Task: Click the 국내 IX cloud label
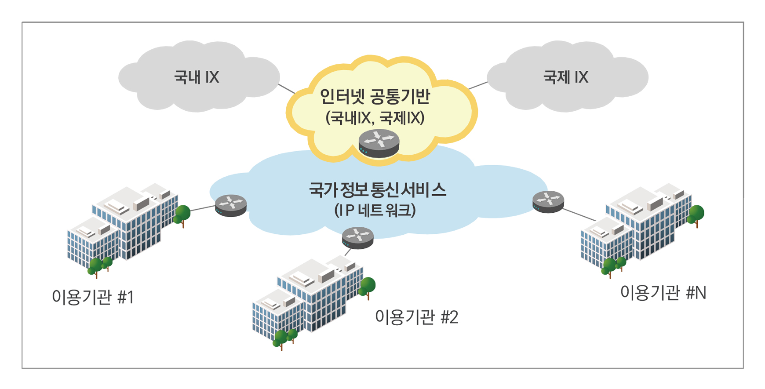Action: (x=197, y=77)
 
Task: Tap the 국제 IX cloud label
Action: (x=565, y=77)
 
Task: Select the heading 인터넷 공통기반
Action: (x=375, y=96)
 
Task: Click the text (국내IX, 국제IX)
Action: (x=375, y=118)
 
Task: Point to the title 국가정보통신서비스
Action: (x=377, y=190)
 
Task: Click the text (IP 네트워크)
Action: (x=375, y=211)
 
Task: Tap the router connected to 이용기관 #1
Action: (x=231, y=205)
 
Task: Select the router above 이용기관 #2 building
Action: (x=358, y=238)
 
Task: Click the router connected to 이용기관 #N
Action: (x=548, y=202)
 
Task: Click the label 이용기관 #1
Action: (x=93, y=298)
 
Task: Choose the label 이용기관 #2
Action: (x=416, y=317)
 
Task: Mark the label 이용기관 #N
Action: (x=663, y=293)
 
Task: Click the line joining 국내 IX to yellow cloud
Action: (x=287, y=89)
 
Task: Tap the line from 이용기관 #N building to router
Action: (x=579, y=214)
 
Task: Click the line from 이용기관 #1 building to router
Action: (x=203, y=208)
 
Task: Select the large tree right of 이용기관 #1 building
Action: (x=182, y=214)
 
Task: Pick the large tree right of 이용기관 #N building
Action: (x=696, y=214)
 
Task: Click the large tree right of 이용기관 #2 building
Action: (x=367, y=287)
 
